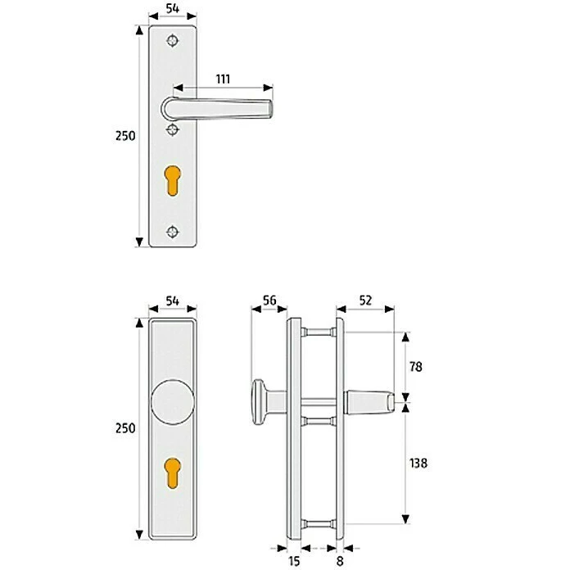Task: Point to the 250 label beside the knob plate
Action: [125, 427]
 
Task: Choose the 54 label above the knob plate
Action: [172, 301]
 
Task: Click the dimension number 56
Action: [269, 301]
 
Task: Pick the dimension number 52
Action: [364, 301]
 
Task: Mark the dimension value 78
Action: [417, 368]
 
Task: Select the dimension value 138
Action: [417, 463]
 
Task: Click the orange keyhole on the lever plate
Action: [172, 181]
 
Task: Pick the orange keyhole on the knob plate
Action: [172, 473]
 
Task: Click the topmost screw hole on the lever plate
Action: [172, 40]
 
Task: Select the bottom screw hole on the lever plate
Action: [172, 230]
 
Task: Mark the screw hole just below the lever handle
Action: [172, 129]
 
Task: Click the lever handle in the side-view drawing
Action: [373, 401]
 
